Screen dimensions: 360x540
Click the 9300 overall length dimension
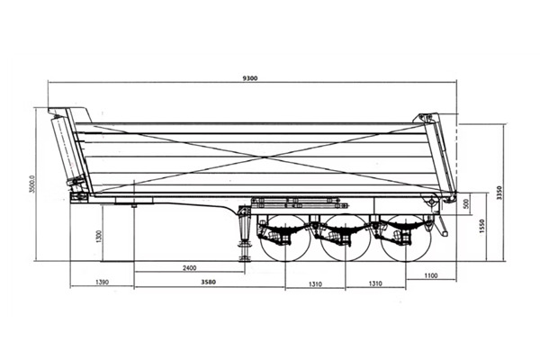[x=250, y=79]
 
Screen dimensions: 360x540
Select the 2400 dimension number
[x=189, y=268]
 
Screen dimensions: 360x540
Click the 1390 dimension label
[x=102, y=283]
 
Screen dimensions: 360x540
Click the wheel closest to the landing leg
[x=286, y=238]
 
